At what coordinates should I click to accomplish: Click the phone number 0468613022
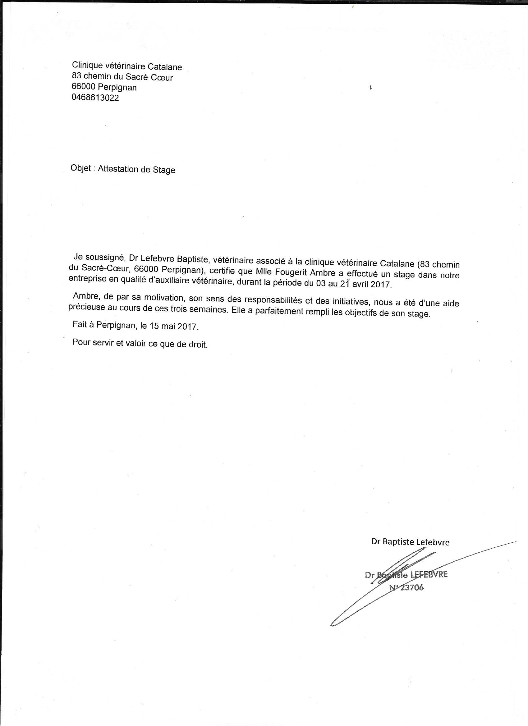coord(95,98)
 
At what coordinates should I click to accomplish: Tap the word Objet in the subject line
coord(81,168)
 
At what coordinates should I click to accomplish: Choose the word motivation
coord(163,297)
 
